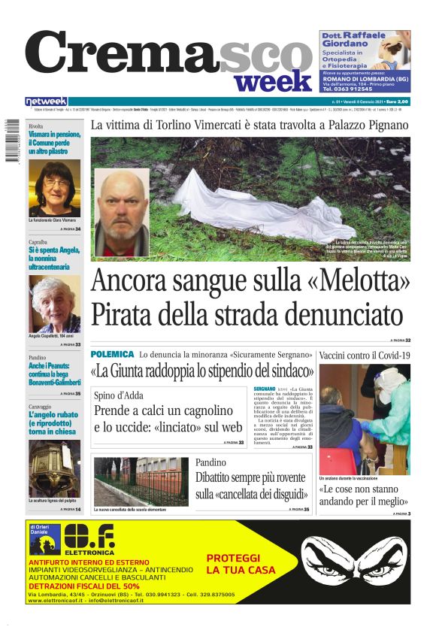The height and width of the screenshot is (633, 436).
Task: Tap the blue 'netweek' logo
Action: tap(46, 101)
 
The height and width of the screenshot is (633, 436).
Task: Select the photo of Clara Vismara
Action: tap(54, 188)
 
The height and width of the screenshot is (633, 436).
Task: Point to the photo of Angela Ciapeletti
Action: tap(54, 304)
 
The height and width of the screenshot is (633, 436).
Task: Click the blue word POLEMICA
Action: tap(112, 353)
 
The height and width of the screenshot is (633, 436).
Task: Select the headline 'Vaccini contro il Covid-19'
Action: tap(365, 354)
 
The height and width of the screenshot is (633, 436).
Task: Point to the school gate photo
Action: tap(141, 481)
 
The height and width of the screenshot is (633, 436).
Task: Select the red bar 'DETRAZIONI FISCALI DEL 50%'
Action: tap(83, 586)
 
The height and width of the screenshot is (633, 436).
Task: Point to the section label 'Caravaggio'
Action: tap(44, 406)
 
